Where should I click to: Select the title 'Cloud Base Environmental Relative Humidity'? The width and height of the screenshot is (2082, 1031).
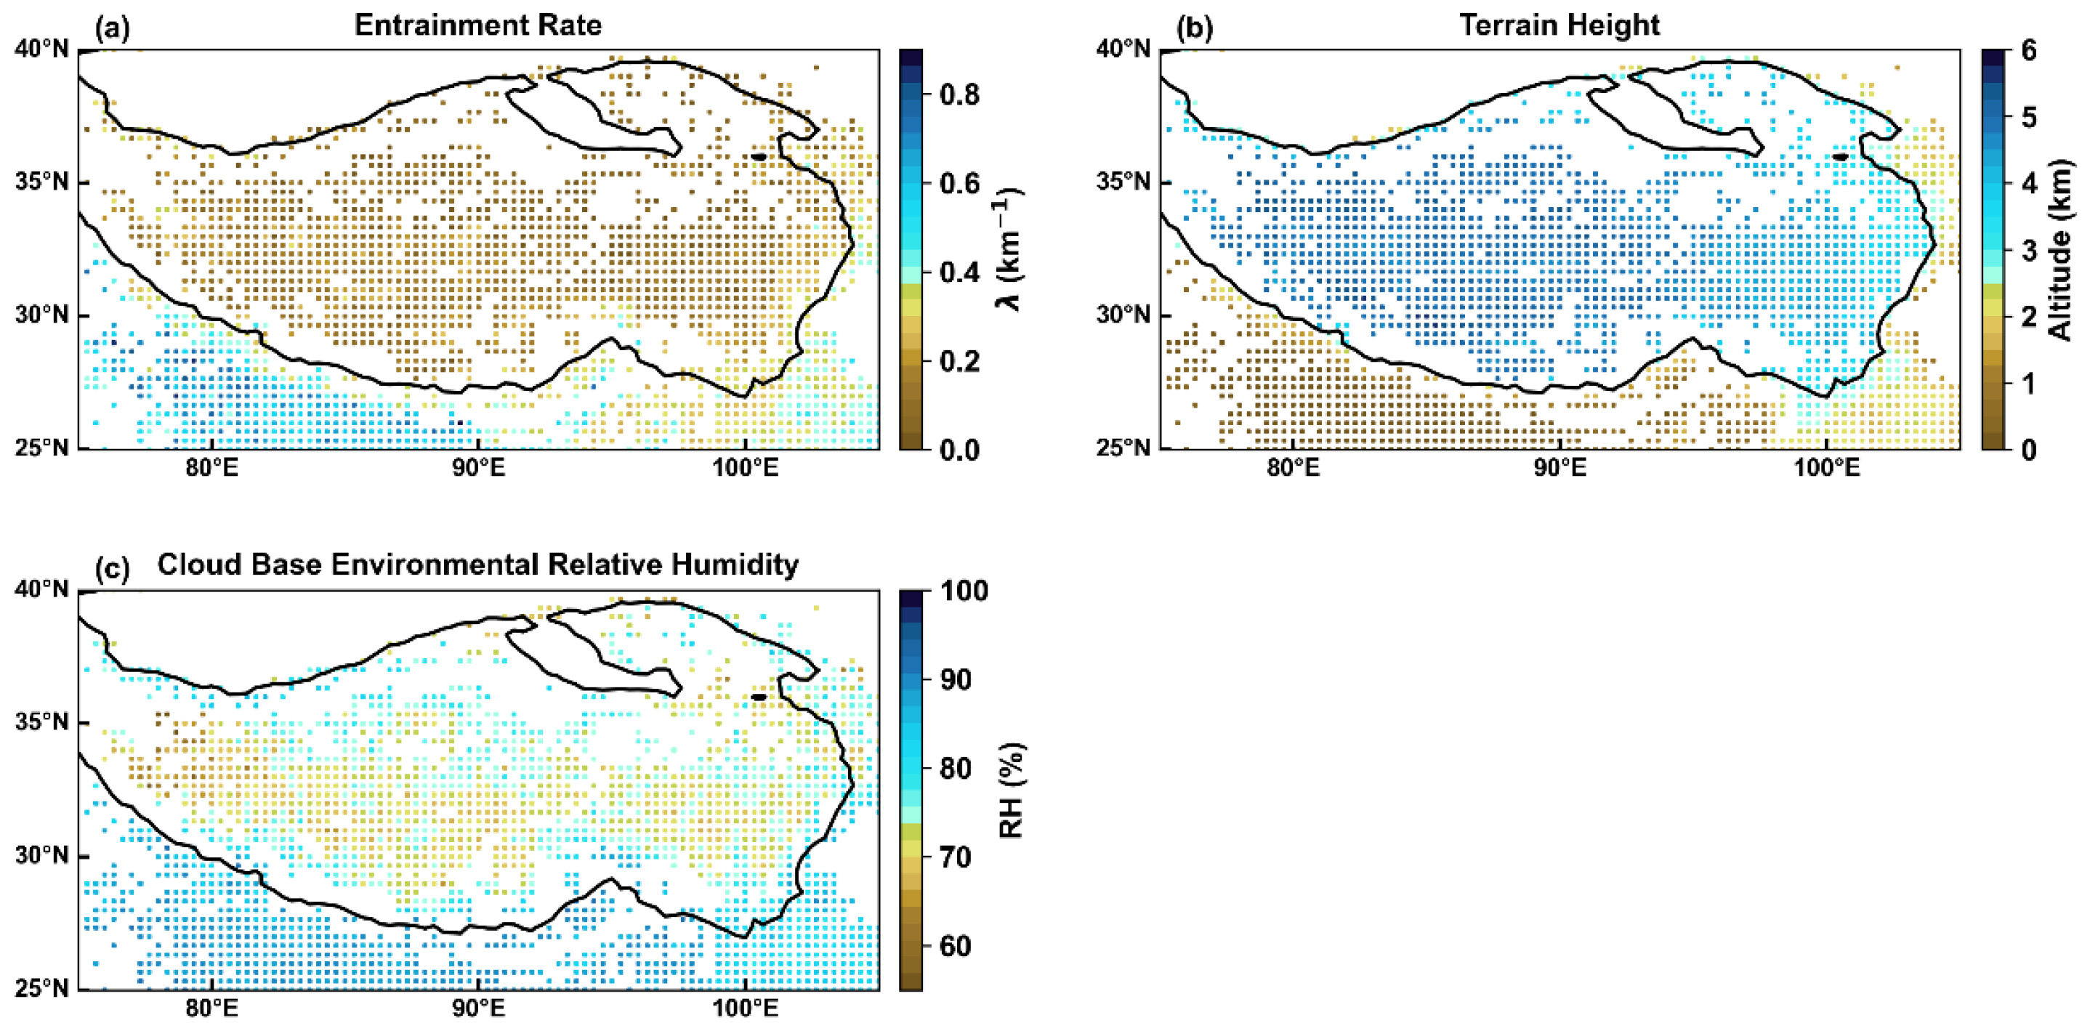477,564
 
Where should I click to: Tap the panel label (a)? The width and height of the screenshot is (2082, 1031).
113,28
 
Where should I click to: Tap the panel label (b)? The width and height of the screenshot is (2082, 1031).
1194,28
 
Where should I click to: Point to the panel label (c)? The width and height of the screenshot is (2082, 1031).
113,568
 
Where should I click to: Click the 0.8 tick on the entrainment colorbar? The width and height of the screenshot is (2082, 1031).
959,94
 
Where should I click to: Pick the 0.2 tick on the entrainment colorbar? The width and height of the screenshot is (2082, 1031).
959,361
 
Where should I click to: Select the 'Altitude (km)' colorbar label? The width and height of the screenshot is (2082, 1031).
2062,249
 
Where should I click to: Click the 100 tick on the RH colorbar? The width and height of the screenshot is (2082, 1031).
964,591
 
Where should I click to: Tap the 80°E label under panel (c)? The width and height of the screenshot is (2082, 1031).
211,1008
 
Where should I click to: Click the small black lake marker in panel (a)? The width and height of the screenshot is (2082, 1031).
758,157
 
